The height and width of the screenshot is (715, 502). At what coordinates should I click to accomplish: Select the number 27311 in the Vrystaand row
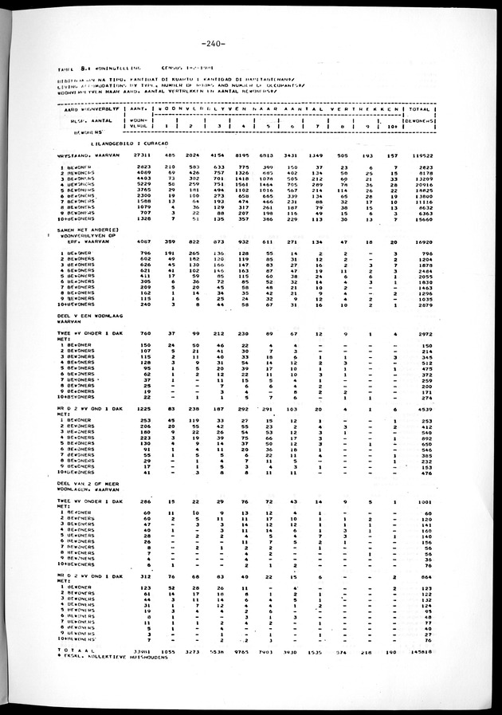pos(142,156)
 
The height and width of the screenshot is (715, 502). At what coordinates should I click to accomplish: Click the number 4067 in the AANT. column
pos(143,281)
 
